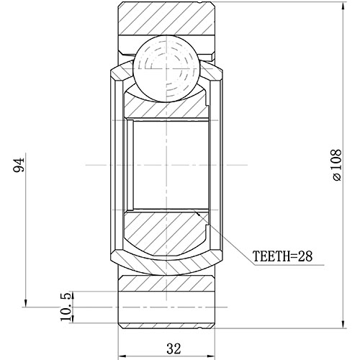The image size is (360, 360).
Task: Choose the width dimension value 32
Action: (x=173, y=348)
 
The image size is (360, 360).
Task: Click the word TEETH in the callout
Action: (x=269, y=256)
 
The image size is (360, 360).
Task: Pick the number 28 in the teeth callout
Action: (x=304, y=256)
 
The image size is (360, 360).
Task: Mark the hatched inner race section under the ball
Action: (x=166, y=106)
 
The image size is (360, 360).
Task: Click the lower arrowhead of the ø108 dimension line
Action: (x=343, y=325)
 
